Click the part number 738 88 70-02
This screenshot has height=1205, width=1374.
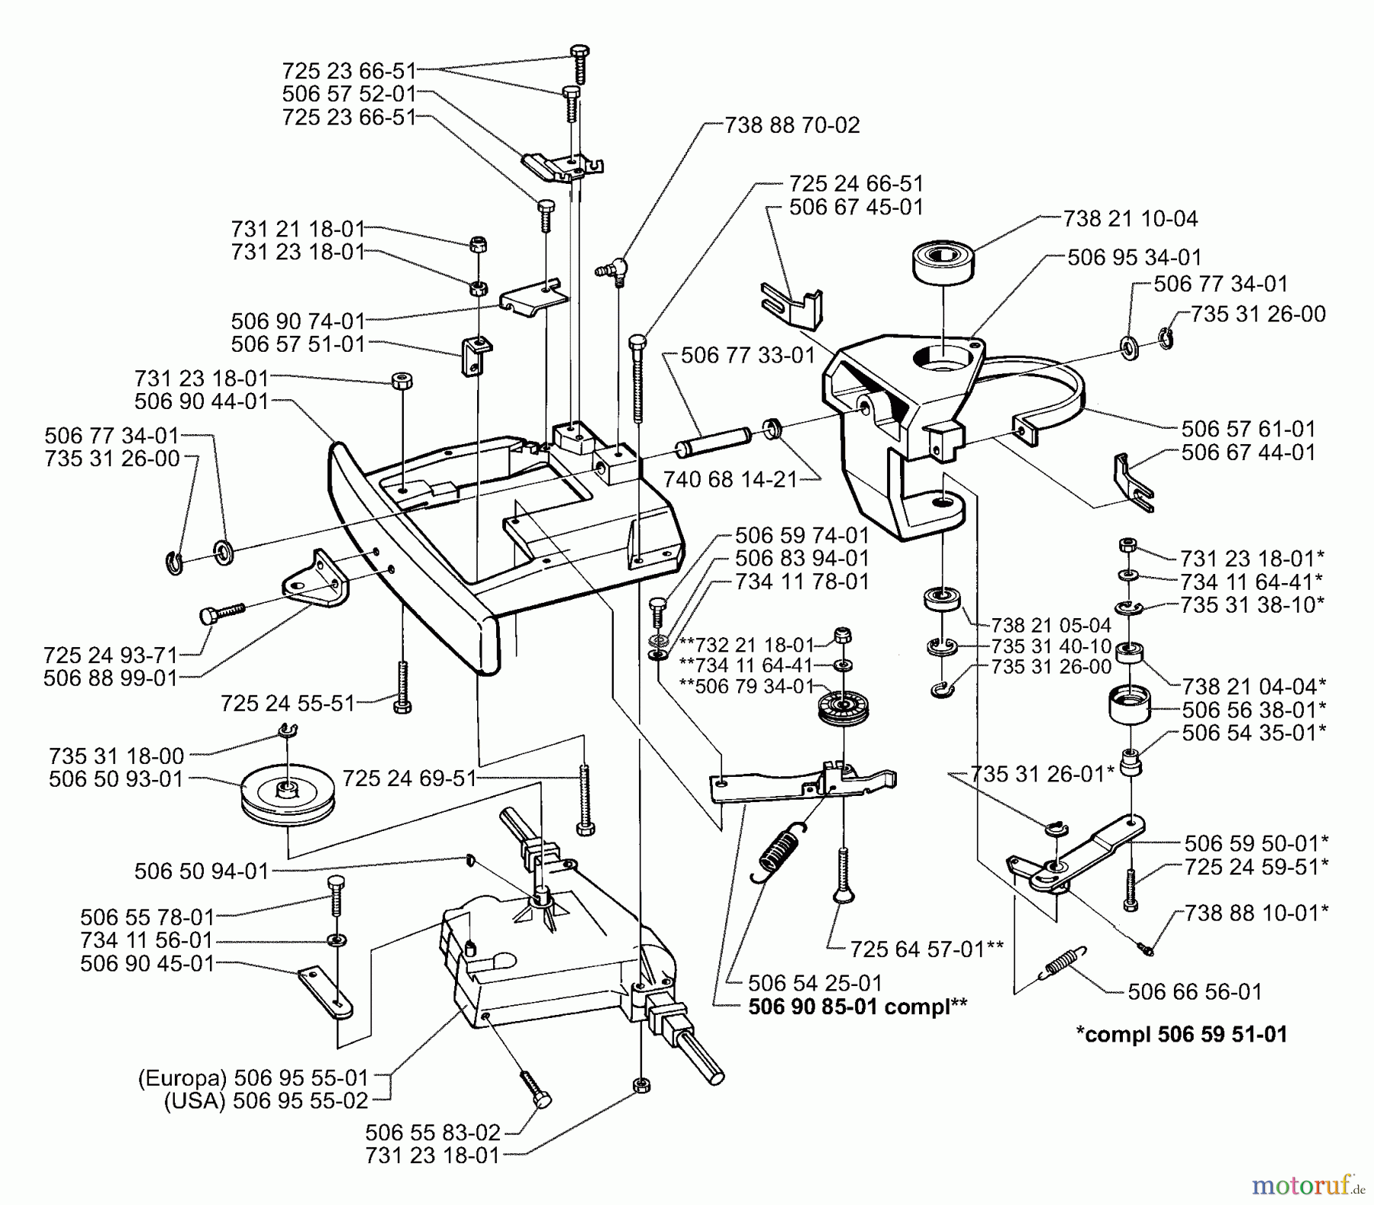pos(792,124)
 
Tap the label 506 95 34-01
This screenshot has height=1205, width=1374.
pos(1134,257)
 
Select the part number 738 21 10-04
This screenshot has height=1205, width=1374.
pos(1130,219)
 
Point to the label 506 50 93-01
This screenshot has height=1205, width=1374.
pos(116,779)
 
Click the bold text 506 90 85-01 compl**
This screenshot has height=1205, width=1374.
pos(857,1007)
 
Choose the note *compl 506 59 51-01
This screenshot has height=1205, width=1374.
pos(1181,1035)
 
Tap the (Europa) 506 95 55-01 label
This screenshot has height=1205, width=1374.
pos(253,1078)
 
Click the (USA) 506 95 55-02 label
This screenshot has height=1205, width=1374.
pos(266,1101)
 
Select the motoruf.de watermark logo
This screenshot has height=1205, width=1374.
pos(1307,1184)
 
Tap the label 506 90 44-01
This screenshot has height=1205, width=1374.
pos(202,401)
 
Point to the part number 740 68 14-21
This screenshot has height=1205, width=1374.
pos(730,479)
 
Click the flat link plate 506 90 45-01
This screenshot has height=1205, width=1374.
pos(326,991)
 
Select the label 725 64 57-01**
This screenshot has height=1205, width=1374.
pos(915,949)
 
